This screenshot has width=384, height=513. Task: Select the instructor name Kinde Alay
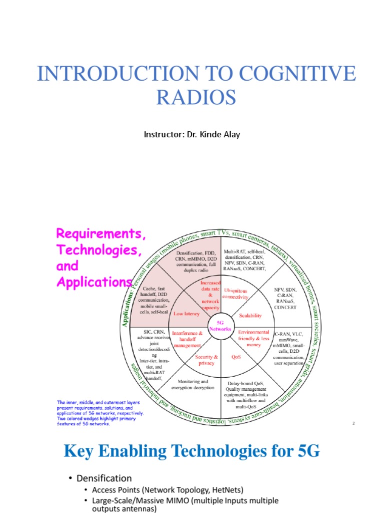click(219, 134)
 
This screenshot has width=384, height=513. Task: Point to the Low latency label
click(186, 314)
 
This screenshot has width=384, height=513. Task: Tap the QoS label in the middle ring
click(236, 358)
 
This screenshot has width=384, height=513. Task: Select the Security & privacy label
click(206, 360)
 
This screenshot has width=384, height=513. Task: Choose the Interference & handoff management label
click(187, 339)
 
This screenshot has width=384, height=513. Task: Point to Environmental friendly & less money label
click(253, 338)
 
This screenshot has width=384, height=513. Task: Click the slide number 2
click(353, 424)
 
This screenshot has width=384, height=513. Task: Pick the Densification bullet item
click(103, 478)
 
